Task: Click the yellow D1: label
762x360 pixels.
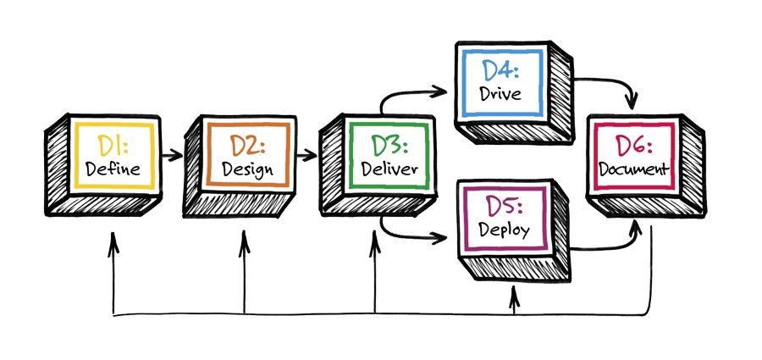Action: coord(113,146)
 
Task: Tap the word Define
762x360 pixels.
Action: coord(113,168)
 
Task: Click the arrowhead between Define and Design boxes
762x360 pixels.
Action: coord(178,155)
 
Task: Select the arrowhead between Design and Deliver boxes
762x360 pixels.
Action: coord(313,155)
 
